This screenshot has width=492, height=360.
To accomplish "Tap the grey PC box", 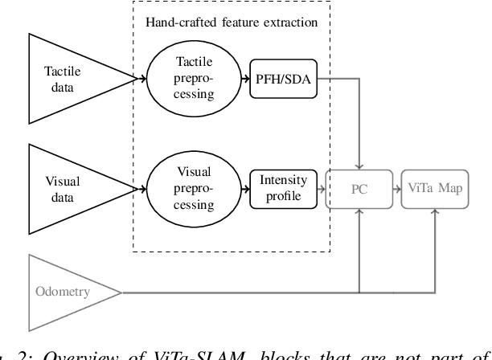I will coord(358,188).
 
